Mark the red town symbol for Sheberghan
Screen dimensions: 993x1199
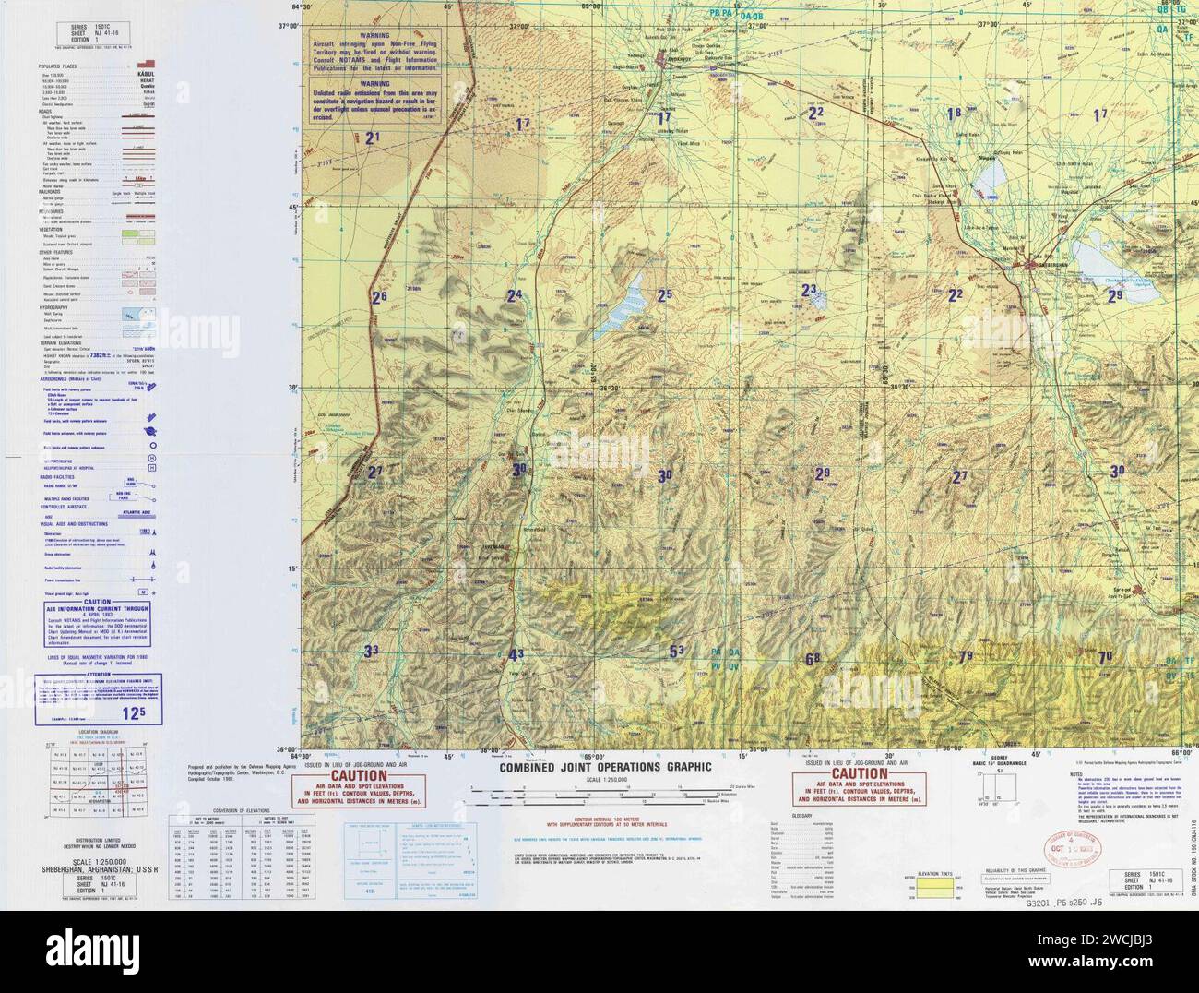click(x=1030, y=267)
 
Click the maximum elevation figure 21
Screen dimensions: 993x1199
click(x=373, y=138)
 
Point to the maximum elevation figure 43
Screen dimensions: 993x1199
click(x=516, y=655)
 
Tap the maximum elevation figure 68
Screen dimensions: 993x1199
click(x=813, y=659)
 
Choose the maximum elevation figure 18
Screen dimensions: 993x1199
click(x=953, y=113)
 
